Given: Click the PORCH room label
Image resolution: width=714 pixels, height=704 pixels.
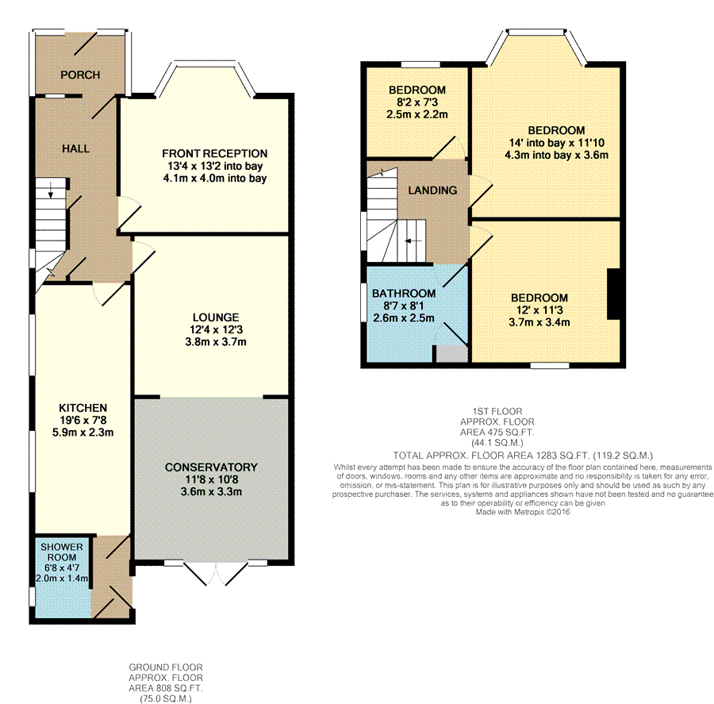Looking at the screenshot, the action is [80, 75].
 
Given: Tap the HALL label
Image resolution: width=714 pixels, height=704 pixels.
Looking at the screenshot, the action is [75, 148].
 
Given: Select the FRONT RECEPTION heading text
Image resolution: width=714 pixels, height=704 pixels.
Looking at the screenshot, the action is [214, 153].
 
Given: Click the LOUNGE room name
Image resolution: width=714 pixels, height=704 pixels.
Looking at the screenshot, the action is [216, 317].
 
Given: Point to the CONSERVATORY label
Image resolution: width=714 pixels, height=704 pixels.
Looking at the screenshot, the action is [211, 467].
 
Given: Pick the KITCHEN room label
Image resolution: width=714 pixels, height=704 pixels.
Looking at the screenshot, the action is [83, 408].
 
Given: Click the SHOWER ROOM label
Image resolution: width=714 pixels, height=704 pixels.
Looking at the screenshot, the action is [62, 552].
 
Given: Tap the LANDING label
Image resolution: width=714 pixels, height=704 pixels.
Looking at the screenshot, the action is [432, 190].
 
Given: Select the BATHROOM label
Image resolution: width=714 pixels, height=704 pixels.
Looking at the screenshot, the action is [404, 294].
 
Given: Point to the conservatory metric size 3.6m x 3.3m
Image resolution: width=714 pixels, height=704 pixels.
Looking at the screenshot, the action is [211, 491].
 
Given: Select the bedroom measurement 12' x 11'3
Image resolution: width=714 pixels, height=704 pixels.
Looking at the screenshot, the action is [539, 310].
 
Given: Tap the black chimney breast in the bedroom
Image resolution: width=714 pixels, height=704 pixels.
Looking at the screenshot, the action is [614, 294].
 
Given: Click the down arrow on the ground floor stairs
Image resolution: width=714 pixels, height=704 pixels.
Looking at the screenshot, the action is [51, 190].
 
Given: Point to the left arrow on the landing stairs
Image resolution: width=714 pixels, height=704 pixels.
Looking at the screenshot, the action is [413, 241].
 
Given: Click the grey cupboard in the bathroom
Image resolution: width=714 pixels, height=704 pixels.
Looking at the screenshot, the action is [451, 354].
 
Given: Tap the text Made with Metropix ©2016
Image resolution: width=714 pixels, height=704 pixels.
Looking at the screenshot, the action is [523, 512].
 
